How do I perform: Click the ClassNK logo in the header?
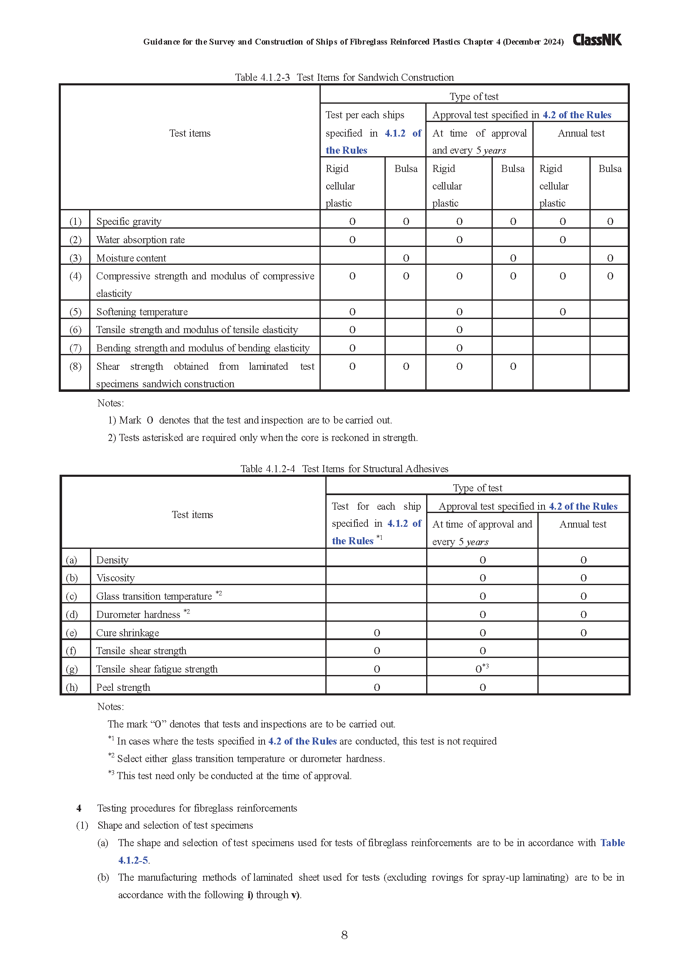[x=597, y=40]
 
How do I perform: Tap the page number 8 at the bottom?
[x=344, y=935]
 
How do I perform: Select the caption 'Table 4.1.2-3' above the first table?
[x=262, y=77]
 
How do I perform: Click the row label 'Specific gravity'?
[x=129, y=222]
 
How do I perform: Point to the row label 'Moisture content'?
[x=131, y=258]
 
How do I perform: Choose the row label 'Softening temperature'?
[x=142, y=312]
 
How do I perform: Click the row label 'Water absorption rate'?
[x=140, y=240]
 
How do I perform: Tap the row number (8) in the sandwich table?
[x=75, y=366]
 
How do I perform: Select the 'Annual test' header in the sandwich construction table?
[x=581, y=133]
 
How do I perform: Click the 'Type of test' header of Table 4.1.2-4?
[x=477, y=488]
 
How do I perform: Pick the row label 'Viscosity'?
[x=115, y=578]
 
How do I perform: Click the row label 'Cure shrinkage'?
[x=127, y=633]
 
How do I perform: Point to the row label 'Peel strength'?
[x=123, y=687]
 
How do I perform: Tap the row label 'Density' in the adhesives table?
[x=112, y=560]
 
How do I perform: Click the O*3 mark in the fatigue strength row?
[x=482, y=669]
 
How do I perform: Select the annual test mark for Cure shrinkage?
[x=583, y=633]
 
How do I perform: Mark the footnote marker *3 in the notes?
[x=111, y=773]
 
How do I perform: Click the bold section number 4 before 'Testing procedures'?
[x=79, y=808]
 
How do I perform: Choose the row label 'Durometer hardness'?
[x=138, y=615]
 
